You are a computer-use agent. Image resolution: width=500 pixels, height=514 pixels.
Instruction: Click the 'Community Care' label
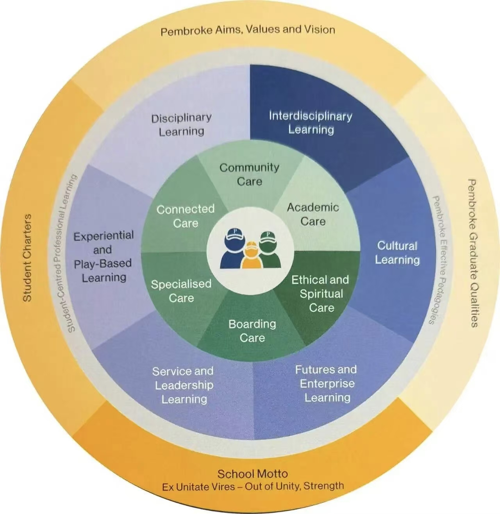(249, 174)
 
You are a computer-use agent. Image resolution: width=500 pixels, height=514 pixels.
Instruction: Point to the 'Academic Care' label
(313, 214)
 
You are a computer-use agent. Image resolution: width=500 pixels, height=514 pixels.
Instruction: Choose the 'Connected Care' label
(186, 216)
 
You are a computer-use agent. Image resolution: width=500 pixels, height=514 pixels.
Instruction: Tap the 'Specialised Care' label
(181, 291)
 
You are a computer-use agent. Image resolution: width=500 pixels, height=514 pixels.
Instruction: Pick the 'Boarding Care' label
(252, 331)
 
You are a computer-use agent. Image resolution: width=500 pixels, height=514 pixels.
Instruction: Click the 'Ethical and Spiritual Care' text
(320, 294)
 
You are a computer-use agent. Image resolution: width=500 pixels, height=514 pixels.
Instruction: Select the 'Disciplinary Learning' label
(181, 125)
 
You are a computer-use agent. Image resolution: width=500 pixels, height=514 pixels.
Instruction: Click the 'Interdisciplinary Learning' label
(311, 123)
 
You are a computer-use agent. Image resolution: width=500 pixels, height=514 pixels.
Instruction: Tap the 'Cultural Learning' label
(397, 253)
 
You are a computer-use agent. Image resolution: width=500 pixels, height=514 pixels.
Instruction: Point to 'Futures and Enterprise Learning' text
(326, 383)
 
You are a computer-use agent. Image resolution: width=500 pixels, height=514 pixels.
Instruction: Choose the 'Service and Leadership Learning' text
(183, 385)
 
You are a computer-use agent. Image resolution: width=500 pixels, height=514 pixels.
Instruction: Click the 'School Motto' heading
(252, 474)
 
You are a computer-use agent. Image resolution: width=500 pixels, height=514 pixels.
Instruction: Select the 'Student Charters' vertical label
(27, 258)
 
